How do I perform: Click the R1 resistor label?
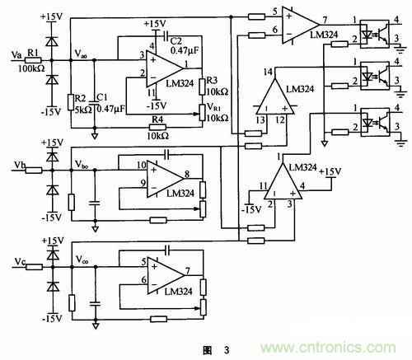click(33, 53)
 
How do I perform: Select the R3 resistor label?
click(213, 79)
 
